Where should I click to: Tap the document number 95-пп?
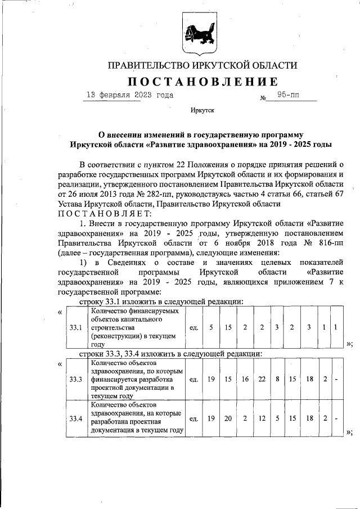[x=288, y=96]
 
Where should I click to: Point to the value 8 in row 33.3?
[x=277, y=380]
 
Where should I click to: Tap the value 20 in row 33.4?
[x=228, y=418]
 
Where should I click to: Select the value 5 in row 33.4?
[x=277, y=418]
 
